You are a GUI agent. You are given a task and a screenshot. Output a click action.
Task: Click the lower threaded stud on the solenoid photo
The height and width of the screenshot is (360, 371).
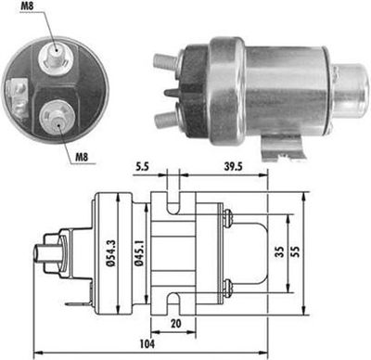tap(164, 118)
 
